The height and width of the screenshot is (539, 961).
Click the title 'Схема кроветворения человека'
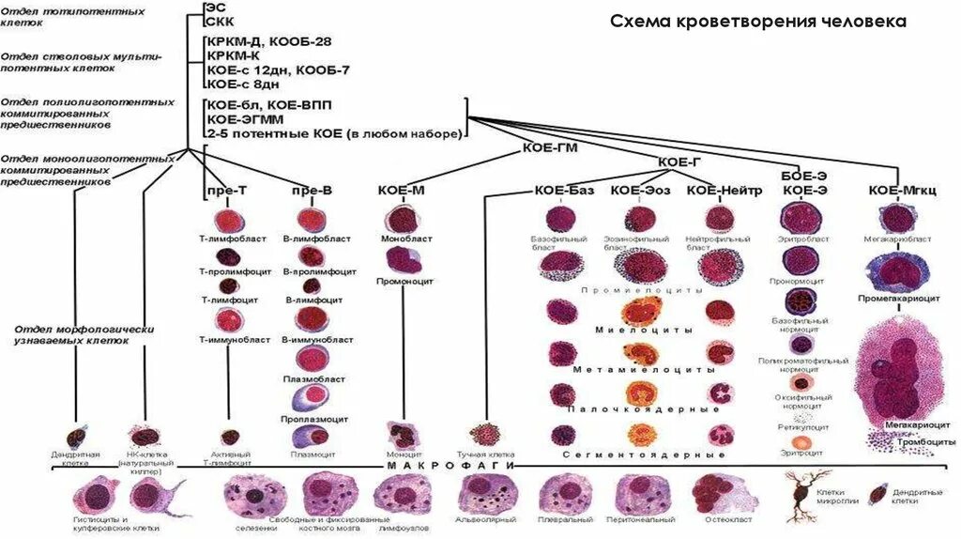758,21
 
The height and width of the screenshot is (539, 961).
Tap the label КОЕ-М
401,191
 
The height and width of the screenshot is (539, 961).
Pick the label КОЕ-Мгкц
899,190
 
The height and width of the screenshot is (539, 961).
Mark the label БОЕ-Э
804,176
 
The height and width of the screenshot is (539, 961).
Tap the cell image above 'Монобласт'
401,218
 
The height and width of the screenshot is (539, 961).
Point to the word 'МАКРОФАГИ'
451,465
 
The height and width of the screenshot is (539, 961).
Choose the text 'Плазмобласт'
310,380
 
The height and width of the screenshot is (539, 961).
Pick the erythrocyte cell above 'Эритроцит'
801,441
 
